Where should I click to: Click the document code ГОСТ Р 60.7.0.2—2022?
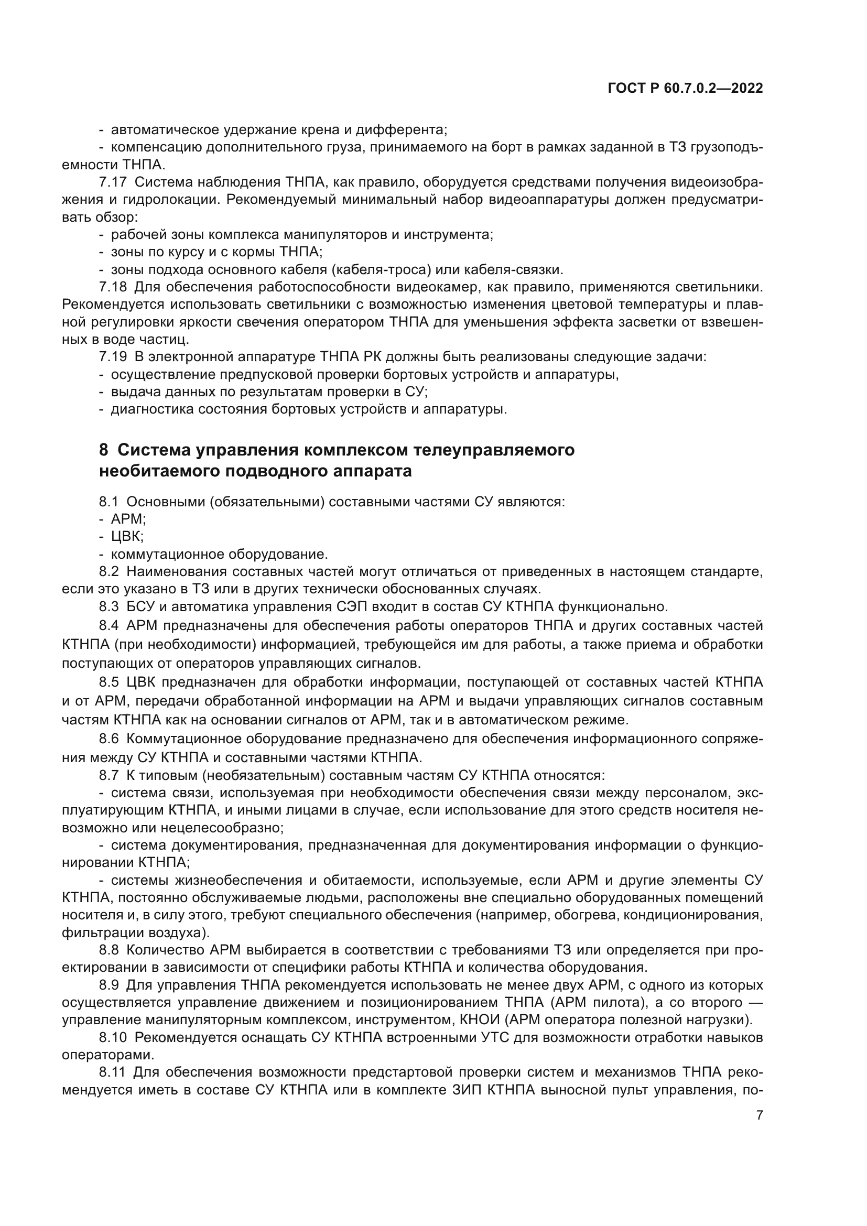(x=685, y=89)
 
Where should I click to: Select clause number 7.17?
(x=113, y=182)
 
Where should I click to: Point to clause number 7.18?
(x=113, y=287)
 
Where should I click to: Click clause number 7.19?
(x=113, y=357)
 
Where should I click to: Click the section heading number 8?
(x=104, y=450)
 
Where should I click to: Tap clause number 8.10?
(x=113, y=1037)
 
